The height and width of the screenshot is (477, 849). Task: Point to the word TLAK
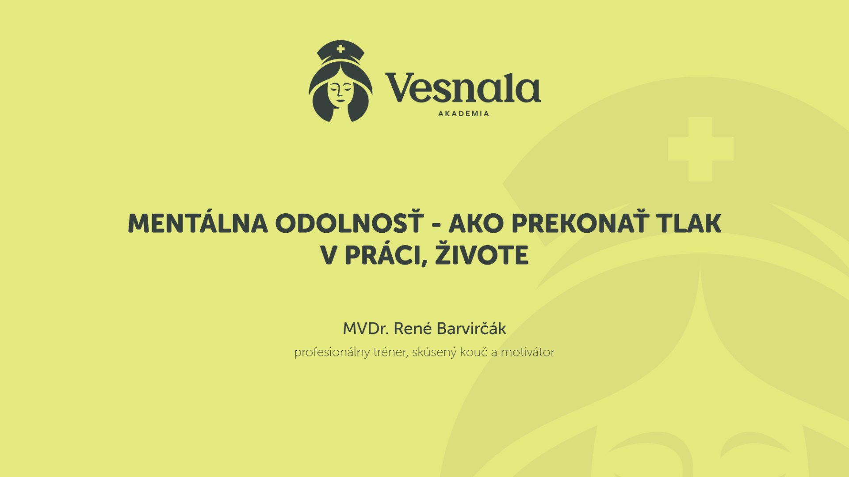coord(688,223)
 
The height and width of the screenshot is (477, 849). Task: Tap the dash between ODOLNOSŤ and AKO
coord(436,225)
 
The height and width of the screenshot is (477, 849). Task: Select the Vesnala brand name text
coord(463,87)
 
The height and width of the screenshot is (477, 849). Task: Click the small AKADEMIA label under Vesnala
coord(463,114)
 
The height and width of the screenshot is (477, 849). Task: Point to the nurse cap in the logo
coord(340,52)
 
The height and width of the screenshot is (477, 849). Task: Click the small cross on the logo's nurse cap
coord(340,49)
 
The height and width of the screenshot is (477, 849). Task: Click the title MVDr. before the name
coord(366,329)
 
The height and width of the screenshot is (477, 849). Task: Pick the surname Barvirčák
coord(471,328)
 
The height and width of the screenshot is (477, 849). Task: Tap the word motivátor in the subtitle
coord(528,352)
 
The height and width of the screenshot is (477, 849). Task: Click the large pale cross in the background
coord(700,149)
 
